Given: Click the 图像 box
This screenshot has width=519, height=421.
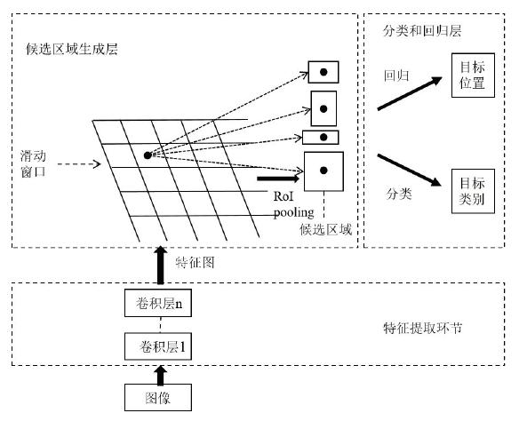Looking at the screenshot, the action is click(158, 397).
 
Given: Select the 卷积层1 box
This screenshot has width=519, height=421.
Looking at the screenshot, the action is click(158, 346).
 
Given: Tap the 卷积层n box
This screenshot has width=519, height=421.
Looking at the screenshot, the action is click(158, 303).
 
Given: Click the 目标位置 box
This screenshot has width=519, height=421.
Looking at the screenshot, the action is click(473, 75).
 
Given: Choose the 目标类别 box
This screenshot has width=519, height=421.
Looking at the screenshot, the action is click(473, 191).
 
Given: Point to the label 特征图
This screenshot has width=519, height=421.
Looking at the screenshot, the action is click(195, 262).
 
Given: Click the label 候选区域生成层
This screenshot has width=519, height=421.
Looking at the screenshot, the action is click(72, 49).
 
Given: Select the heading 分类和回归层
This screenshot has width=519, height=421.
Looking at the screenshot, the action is click(422, 31).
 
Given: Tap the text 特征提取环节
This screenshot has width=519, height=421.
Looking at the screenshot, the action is click(423, 328).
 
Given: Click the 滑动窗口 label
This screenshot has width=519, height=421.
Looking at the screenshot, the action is click(33, 163).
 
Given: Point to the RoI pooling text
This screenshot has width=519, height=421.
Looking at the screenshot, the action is click(293, 204).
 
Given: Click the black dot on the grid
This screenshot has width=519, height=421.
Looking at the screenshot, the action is click(148, 155).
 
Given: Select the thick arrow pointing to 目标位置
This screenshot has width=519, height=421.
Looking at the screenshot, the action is click(410, 93).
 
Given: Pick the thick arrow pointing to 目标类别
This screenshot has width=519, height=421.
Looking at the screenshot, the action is click(410, 170).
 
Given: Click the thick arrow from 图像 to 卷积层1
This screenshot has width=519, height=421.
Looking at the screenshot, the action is click(161, 375).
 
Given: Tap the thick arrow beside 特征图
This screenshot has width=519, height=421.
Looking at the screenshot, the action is click(161, 265).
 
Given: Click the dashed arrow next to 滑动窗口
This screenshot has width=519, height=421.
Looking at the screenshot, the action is click(79, 163).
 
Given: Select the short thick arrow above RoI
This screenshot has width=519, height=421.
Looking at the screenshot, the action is click(278, 179).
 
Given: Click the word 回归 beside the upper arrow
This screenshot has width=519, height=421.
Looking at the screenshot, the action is click(396, 75).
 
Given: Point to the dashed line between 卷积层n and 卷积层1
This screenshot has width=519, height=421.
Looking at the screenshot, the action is click(161, 325).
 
